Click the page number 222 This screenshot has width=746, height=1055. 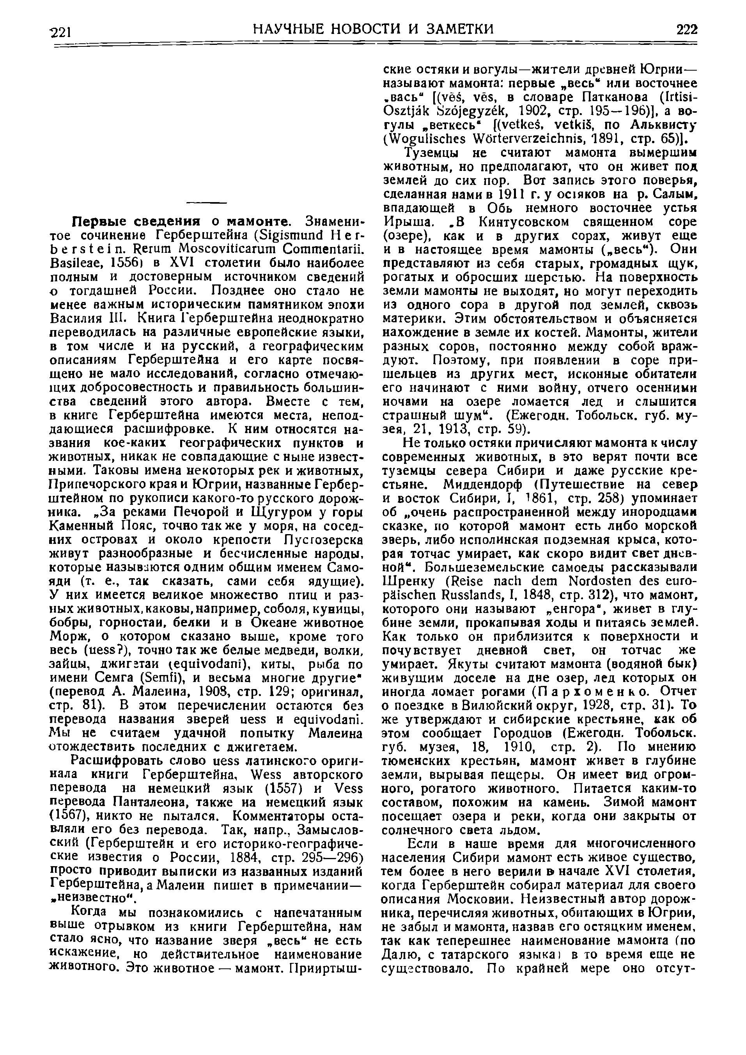686,30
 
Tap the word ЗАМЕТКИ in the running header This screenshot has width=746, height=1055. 459,30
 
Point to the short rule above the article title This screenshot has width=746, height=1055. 207,202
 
